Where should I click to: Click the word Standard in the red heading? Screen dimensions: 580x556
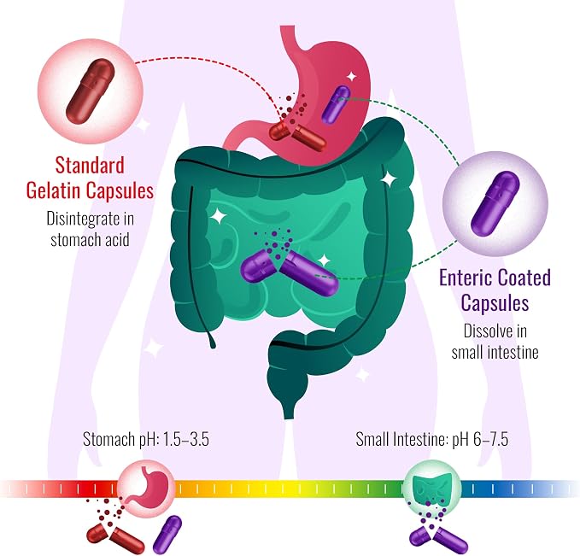(x=90, y=165)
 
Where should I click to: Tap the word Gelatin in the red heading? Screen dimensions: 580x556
(x=53, y=190)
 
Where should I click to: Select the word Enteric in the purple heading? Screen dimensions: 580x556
(x=464, y=278)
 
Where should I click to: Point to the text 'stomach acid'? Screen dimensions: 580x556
(x=90, y=239)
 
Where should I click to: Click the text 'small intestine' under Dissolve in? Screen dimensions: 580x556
(x=495, y=352)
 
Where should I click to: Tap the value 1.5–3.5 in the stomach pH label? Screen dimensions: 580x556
(x=185, y=440)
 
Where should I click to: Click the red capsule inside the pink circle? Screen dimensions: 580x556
(x=91, y=91)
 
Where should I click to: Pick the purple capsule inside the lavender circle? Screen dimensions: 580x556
(x=495, y=203)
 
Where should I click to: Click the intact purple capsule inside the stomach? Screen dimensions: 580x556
(x=336, y=105)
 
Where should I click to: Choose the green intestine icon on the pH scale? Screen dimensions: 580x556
(x=431, y=489)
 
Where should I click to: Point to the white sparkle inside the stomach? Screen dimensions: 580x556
(x=351, y=77)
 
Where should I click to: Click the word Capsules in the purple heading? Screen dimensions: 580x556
(x=495, y=303)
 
